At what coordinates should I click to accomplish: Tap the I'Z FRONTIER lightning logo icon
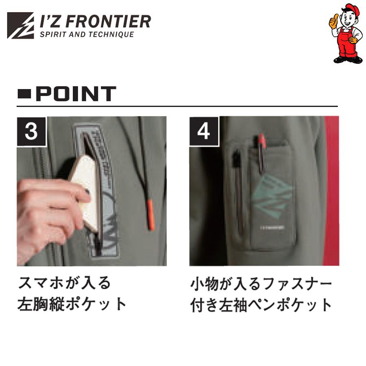pos(20,25)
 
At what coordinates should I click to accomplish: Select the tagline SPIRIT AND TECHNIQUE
pos(87,35)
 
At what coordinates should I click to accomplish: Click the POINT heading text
pos(76,94)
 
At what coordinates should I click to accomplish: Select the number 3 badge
pos(31,131)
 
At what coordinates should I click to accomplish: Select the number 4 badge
pos(204,131)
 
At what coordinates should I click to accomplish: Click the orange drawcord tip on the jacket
pos(151,214)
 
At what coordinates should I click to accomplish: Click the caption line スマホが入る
pos(64,283)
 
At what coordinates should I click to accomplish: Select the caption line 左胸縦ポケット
pos(72,304)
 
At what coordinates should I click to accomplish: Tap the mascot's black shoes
pos(348,59)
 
